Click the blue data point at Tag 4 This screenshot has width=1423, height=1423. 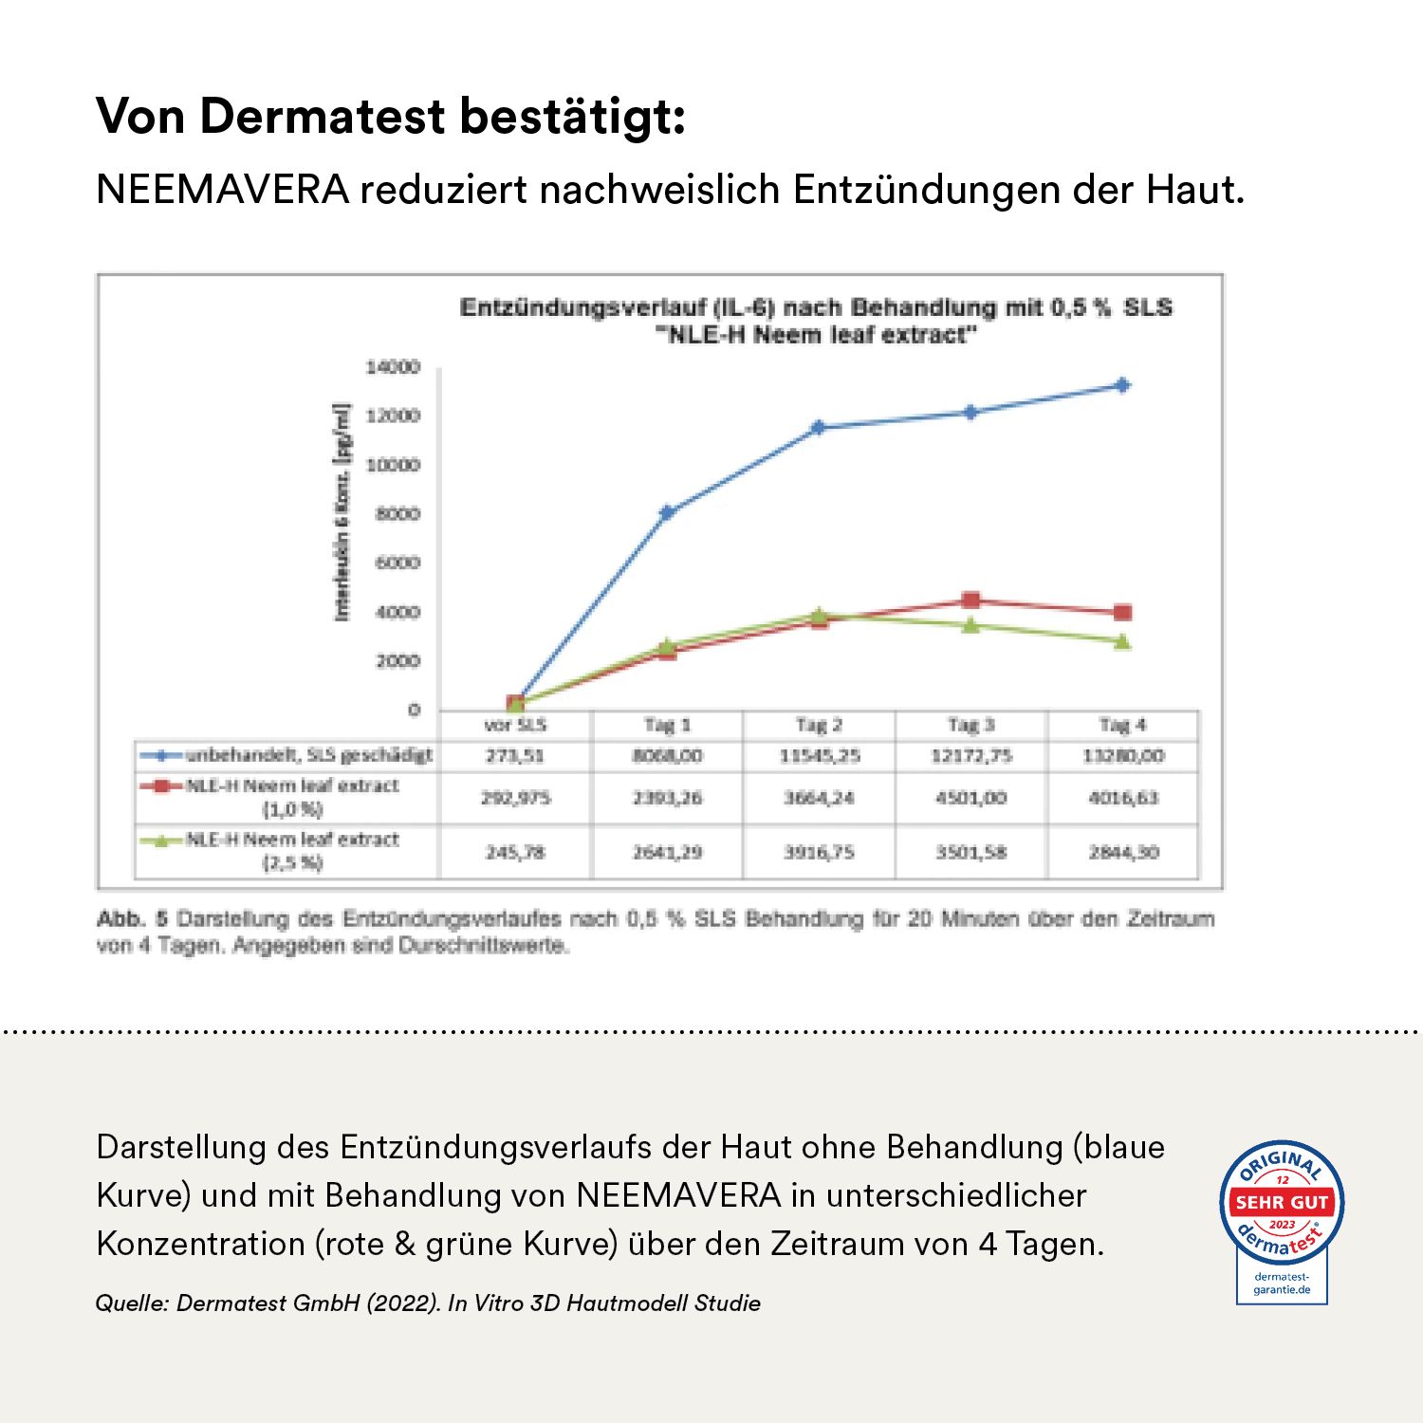1122,385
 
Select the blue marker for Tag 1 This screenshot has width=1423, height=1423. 667,512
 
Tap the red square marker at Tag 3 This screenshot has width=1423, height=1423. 970,601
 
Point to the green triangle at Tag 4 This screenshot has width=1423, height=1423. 1122,642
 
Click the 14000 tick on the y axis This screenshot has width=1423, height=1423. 393,367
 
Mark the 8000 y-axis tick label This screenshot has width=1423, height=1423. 397,514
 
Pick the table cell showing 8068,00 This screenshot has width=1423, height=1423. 667,756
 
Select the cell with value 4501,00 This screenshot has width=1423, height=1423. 970,798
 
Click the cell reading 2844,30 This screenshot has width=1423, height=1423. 1123,852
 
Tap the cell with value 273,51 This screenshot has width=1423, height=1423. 515,756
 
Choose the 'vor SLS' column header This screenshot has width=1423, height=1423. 515,726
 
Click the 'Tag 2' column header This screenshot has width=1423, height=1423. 819,726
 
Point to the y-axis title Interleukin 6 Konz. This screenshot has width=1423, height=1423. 342,512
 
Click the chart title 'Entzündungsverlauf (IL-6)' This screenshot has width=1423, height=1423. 816,308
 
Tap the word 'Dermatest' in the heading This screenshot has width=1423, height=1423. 323,117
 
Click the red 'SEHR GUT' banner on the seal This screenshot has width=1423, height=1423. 1282,1202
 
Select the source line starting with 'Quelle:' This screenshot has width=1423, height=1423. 428,1303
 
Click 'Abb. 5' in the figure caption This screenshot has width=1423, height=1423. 132,919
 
